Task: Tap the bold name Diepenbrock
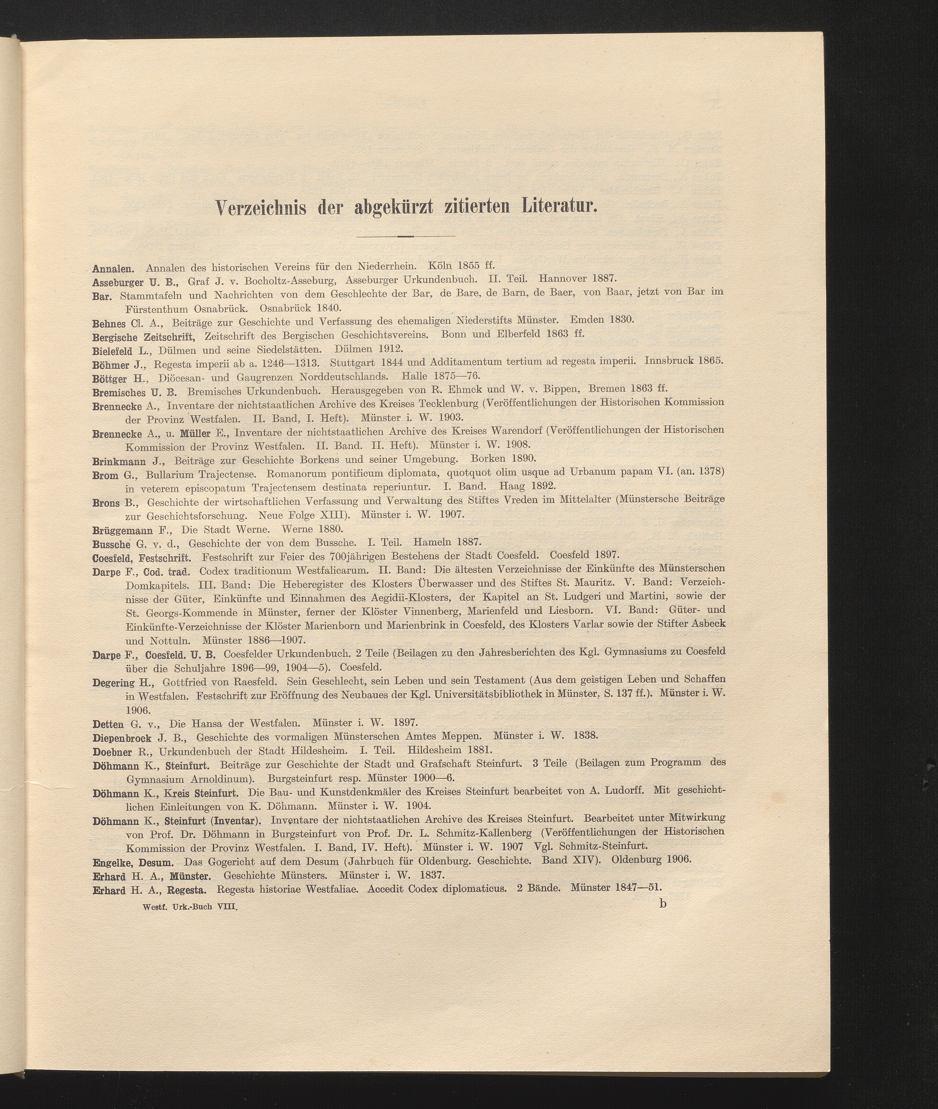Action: [122, 738]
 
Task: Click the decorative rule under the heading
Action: [405, 236]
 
